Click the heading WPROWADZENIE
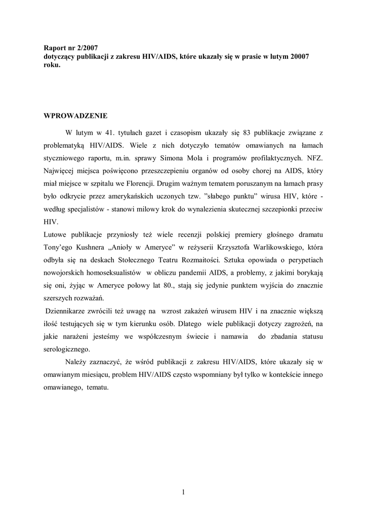click(x=75, y=115)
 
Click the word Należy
click(x=78, y=362)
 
